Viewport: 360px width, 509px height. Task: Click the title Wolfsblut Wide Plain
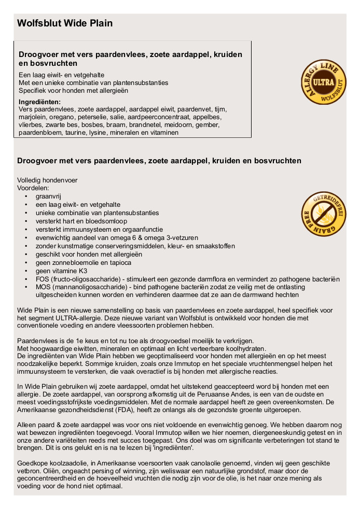(65, 23)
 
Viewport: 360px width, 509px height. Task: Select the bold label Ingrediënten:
(39, 102)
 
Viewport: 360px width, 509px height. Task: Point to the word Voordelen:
(33, 188)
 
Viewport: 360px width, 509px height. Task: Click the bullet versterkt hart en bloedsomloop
(81, 221)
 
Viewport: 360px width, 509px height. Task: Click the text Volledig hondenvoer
(47, 180)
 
